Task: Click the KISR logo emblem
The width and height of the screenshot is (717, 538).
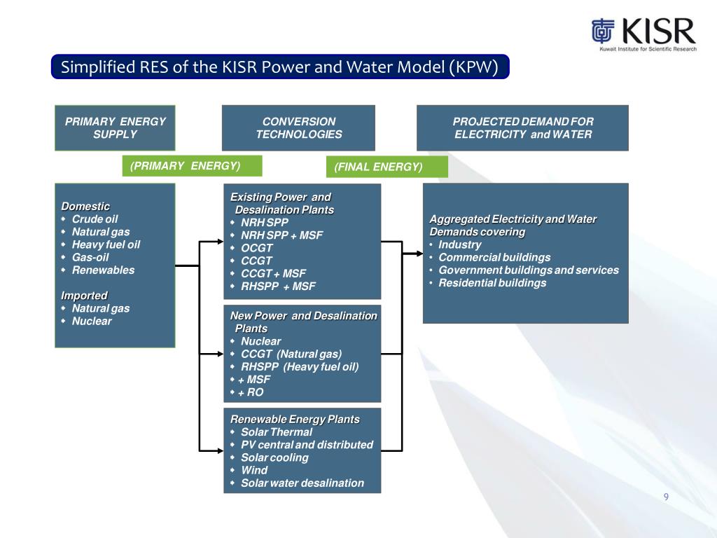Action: pyautogui.click(x=602, y=32)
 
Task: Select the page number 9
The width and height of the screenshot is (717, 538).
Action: pyautogui.click(x=666, y=497)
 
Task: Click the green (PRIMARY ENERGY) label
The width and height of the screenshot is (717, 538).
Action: pyautogui.click(x=192, y=166)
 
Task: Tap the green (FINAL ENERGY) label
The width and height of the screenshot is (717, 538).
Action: pyautogui.click(x=387, y=167)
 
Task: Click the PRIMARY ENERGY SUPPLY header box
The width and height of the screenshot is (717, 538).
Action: pyautogui.click(x=115, y=127)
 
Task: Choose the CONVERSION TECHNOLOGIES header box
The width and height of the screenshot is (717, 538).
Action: pyautogui.click(x=298, y=127)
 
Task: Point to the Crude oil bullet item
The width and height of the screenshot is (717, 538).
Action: pyautogui.click(x=95, y=219)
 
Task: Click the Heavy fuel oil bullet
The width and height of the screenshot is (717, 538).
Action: pyautogui.click(x=106, y=244)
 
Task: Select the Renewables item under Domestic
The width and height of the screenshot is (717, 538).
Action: pyautogui.click(x=103, y=270)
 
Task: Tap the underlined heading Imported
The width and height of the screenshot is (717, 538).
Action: pyautogui.click(x=84, y=296)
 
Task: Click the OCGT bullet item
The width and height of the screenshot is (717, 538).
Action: pyautogui.click(x=256, y=248)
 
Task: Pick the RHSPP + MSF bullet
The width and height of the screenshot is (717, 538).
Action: pyautogui.click(x=278, y=287)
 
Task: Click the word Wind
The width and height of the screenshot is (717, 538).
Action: pyautogui.click(x=254, y=470)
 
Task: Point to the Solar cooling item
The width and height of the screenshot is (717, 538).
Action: pyautogui.click(x=274, y=457)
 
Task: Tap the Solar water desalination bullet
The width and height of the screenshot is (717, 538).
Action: pyautogui.click(x=302, y=483)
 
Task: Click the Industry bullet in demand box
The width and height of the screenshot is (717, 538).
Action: pyautogui.click(x=459, y=244)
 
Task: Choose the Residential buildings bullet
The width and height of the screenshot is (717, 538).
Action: pyautogui.click(x=492, y=283)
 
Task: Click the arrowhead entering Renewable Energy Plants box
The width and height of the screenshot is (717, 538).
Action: pyautogui.click(x=219, y=449)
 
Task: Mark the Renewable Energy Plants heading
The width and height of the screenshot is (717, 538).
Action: pyautogui.click(x=295, y=419)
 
